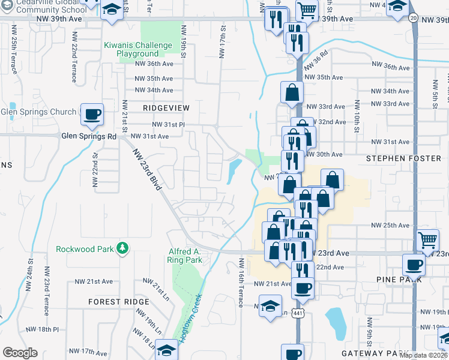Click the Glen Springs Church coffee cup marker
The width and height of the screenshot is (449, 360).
point(92,115)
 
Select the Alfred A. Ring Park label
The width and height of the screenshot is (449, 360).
point(184,256)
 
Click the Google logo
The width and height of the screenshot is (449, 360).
point(20,353)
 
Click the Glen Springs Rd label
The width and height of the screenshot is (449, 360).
point(88,136)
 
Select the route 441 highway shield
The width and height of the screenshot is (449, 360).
point(298,313)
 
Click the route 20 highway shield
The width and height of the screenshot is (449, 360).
point(414,19)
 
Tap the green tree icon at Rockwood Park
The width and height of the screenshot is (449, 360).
point(122,248)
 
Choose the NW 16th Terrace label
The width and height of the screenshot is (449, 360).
point(241,283)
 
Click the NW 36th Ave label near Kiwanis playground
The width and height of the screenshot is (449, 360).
point(154,64)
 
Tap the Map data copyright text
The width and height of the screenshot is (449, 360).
point(424,355)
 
